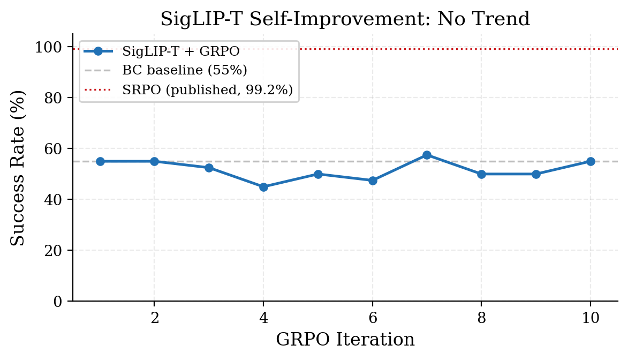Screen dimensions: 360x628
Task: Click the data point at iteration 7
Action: [427, 155]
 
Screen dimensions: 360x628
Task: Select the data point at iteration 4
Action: [263, 187]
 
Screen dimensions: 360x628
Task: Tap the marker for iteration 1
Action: [100, 161]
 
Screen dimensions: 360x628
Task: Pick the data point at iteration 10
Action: [591, 161]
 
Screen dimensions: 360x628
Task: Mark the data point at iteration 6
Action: [373, 181]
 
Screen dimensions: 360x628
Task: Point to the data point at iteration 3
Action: [209, 168]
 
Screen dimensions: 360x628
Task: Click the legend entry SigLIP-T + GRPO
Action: [180, 51]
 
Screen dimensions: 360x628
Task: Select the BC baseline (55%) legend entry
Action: [184, 71]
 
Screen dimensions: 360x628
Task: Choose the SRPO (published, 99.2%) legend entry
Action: [207, 90]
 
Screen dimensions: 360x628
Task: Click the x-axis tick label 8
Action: [482, 318]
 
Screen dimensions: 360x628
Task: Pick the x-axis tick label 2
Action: [155, 318]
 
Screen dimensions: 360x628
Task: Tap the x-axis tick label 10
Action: [591, 318]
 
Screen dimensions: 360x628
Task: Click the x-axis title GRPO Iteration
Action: [345, 340]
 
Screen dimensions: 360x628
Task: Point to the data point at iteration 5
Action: [318, 174]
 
